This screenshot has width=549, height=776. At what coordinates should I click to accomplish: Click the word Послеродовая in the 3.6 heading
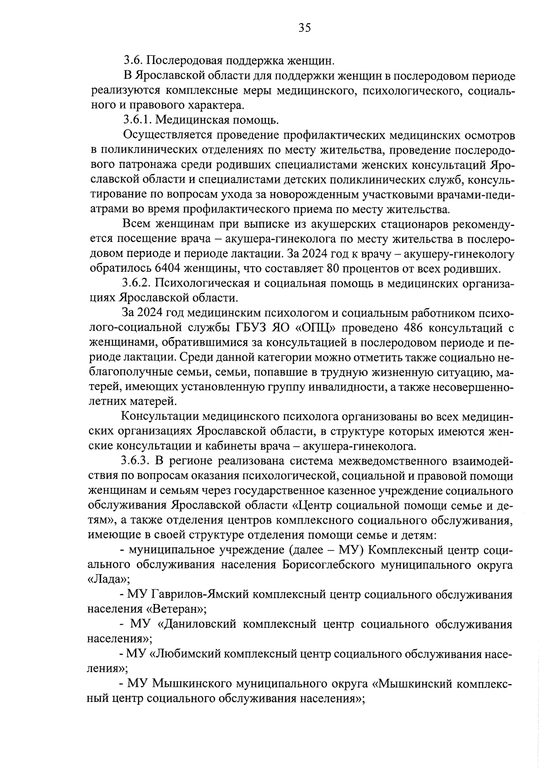pyautogui.click(x=192, y=60)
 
